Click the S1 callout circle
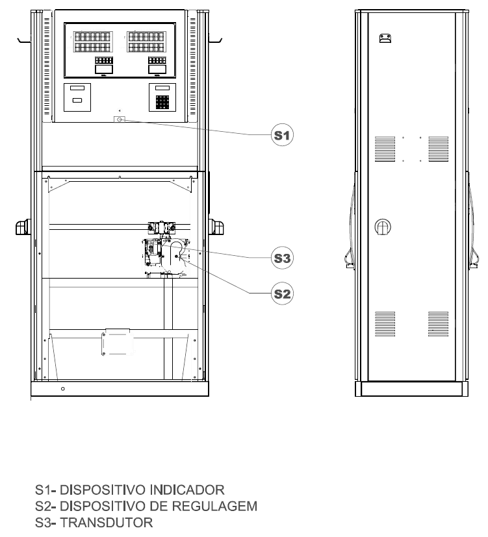click(282, 135)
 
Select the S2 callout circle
click(282, 293)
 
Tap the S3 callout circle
click(282, 258)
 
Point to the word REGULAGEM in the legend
click(214, 506)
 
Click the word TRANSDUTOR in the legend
click(107, 523)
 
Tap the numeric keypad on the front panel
click(162, 102)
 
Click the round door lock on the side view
click(383, 227)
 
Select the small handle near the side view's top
click(385, 38)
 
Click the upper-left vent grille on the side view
click(385, 149)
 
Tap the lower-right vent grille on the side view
click(439, 324)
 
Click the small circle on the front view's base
click(63, 389)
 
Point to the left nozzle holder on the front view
click(23, 227)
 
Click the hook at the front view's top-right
click(216, 41)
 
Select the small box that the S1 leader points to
click(120, 119)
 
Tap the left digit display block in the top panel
click(92, 42)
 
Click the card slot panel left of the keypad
click(77, 97)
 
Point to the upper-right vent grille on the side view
click(439, 149)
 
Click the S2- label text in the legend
click(45, 506)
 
